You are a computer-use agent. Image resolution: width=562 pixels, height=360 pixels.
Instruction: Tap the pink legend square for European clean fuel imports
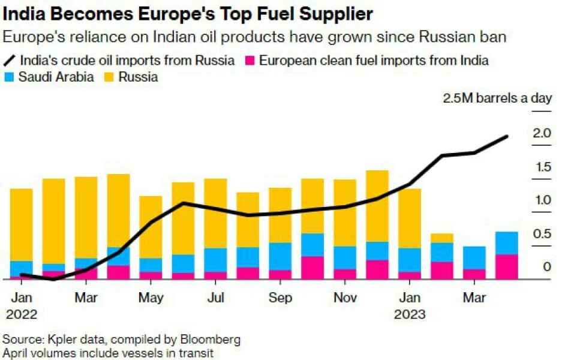click(251, 61)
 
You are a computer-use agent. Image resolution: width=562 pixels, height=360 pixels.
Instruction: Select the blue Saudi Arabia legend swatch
click(9, 77)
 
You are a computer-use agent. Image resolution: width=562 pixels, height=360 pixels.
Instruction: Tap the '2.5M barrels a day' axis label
click(497, 98)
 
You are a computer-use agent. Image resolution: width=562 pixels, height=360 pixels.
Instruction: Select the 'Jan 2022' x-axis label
click(22, 305)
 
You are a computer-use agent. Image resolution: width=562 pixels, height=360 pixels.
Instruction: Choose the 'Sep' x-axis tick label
click(281, 298)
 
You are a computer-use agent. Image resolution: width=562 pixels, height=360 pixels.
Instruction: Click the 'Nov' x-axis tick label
click(345, 298)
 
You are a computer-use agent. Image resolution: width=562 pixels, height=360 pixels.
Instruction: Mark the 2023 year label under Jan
click(410, 314)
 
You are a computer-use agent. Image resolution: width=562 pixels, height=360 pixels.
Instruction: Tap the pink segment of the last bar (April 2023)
click(507, 267)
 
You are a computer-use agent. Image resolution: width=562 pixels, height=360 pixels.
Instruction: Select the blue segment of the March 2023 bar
click(474, 257)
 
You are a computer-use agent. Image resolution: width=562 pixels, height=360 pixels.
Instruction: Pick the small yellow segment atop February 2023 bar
click(442, 238)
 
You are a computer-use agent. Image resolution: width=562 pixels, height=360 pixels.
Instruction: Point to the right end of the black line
click(507, 137)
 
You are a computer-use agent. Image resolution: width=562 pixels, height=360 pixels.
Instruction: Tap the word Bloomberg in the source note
click(210, 339)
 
